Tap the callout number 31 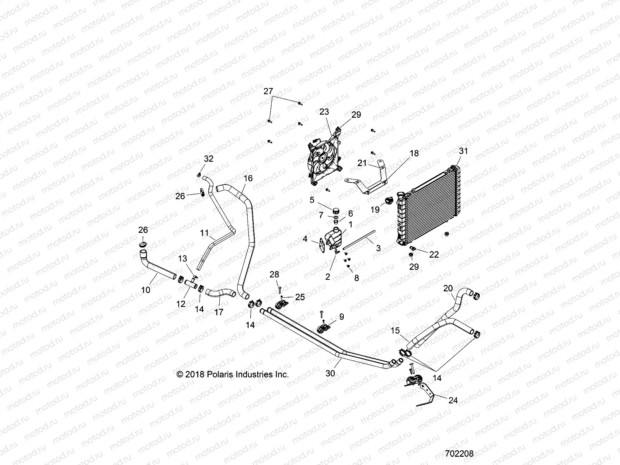tap(463, 151)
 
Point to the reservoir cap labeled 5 tap(336, 211)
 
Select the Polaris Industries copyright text tap(232, 374)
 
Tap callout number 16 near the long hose tap(248, 178)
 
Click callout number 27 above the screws tap(279, 92)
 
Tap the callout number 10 tap(146, 289)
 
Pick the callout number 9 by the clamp tap(341, 317)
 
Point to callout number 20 tap(448, 288)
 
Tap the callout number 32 tap(208, 159)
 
